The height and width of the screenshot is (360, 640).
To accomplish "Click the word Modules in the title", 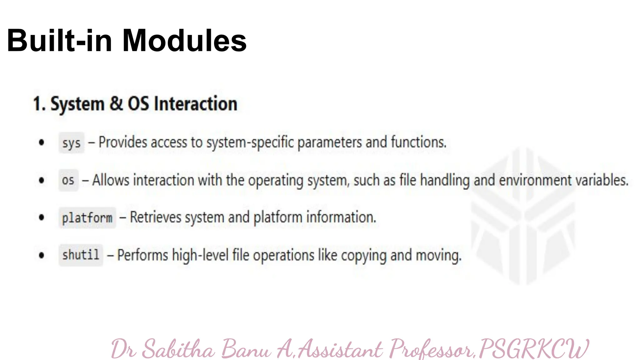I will (184, 41).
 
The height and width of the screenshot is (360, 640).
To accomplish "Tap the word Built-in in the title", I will (59, 41).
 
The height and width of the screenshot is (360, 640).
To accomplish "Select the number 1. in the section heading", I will (39, 104).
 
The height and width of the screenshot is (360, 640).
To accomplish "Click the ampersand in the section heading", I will (116, 104).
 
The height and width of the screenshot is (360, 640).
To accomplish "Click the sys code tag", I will (72, 143).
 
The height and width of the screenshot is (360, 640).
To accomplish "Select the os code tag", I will (68, 180).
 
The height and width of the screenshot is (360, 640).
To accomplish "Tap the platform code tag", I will (87, 217).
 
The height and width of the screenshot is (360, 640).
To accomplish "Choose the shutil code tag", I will (81, 255).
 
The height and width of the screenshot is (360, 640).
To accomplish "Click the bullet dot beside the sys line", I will (42, 142).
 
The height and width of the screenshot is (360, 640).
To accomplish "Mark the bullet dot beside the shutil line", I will (42, 255).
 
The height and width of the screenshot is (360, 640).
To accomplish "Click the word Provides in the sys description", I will (123, 142).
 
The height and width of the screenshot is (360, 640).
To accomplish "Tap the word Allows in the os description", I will (111, 180).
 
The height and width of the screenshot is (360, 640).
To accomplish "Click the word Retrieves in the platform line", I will (156, 217).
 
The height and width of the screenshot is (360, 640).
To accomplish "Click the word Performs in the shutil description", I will (142, 255).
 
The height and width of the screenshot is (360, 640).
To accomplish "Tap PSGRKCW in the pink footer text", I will (534, 349).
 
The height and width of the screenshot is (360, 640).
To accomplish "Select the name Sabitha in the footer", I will (178, 349).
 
